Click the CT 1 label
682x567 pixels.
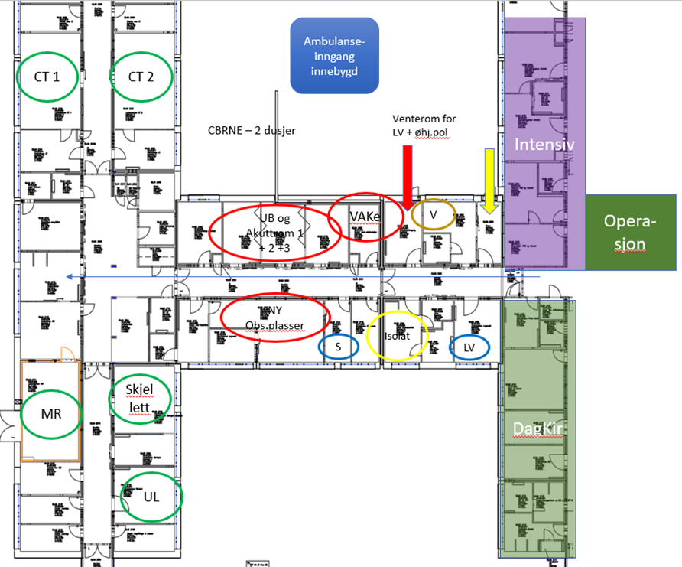pos(47,77)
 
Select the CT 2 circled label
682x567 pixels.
pos(141,77)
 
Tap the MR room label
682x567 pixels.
pos(50,414)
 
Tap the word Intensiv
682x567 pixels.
pos(544,145)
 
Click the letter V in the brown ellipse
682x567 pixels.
pos(433,216)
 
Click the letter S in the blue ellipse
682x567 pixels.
pos(338,347)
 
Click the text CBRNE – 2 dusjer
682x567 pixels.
pos(252,131)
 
